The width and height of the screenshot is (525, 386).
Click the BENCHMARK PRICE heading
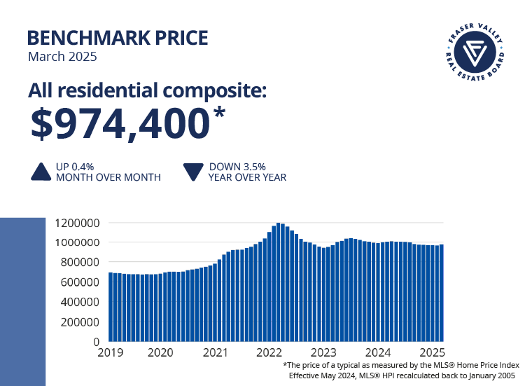pos(117,37)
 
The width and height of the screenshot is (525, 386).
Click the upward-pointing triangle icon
pos(41,172)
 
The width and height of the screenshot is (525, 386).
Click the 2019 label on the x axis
pos(110,352)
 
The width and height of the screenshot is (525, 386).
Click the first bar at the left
pos(111,307)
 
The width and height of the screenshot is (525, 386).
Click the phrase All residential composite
pos(148,90)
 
